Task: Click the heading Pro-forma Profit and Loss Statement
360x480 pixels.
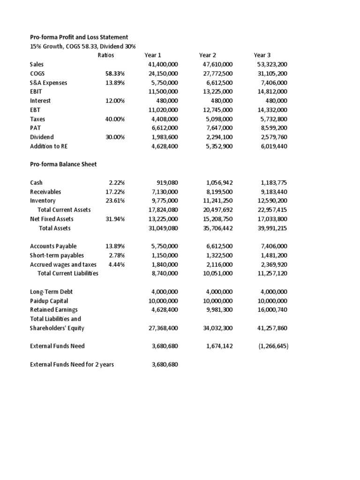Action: tap(79, 37)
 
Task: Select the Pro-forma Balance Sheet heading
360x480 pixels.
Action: tap(63, 164)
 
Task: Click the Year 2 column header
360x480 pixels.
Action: tap(207, 55)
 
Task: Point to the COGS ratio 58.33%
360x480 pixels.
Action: tap(115, 74)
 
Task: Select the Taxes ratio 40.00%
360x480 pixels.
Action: tap(115, 119)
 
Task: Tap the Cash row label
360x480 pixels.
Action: tap(36, 182)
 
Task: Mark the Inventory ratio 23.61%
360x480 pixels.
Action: tap(115, 201)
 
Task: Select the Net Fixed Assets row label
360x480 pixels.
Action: tap(52, 219)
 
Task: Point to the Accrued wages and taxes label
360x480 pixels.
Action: tap(63, 264)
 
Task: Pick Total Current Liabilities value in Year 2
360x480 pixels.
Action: tap(217, 273)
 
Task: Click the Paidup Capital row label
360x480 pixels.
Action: tap(49, 300)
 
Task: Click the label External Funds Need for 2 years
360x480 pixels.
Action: tap(72, 364)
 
